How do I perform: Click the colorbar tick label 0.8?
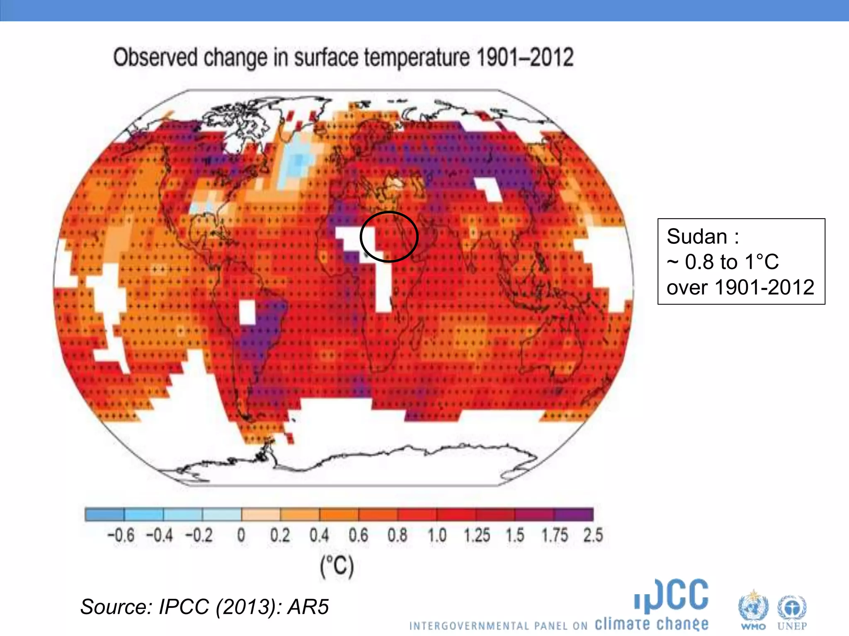(397, 535)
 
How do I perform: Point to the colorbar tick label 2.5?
(593, 535)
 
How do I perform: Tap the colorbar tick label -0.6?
(121, 535)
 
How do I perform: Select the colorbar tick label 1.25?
(477, 535)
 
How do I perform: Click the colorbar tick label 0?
(241, 535)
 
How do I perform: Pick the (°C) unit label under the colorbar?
(337, 566)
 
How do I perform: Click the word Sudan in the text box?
(696, 237)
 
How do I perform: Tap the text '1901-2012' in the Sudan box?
(764, 287)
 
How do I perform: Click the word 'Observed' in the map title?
(155, 58)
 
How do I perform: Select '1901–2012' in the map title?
(525, 58)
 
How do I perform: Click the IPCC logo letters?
(672, 596)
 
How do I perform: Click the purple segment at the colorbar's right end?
(574, 515)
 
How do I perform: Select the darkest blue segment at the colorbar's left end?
(104, 515)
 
